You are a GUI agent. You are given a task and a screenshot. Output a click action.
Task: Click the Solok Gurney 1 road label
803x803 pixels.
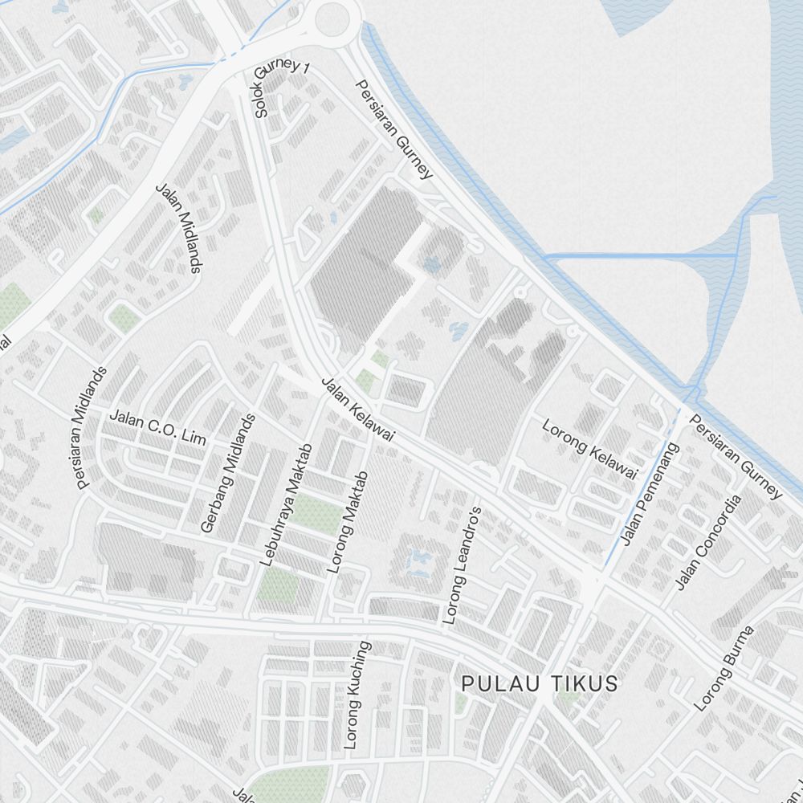pyautogui.click(x=281, y=88)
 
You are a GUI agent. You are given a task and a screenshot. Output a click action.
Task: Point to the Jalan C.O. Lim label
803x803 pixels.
pyautogui.click(x=157, y=427)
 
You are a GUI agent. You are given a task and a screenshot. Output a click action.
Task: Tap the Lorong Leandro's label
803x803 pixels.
pyautogui.click(x=462, y=566)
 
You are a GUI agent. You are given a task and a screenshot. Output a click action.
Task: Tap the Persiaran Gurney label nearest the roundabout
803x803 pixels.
pyautogui.click(x=394, y=128)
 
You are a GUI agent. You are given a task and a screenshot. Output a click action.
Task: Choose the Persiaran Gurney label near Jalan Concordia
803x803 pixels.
pyautogui.click(x=735, y=456)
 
